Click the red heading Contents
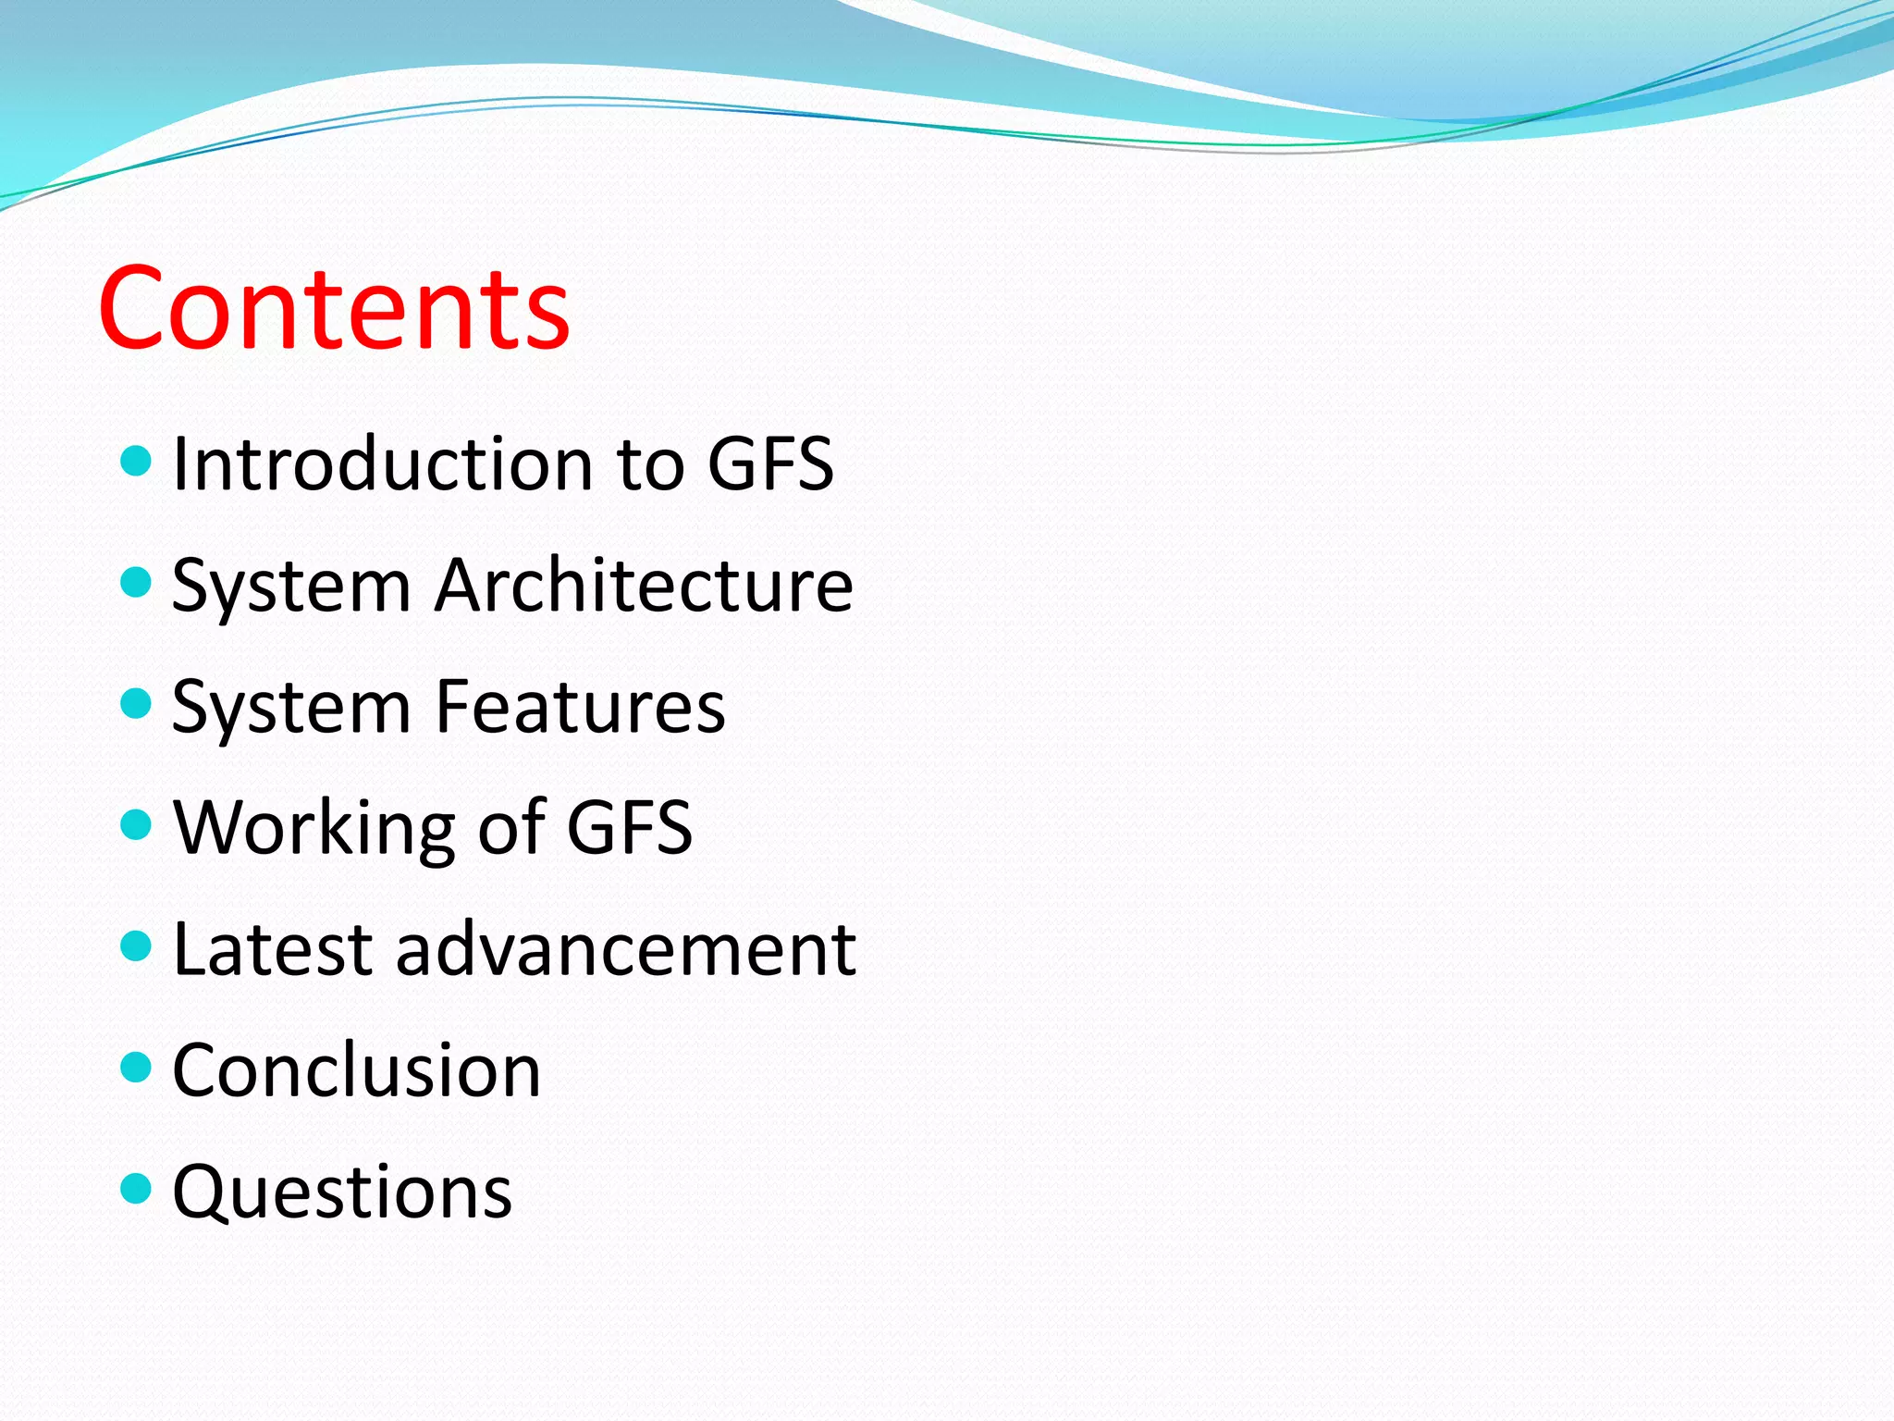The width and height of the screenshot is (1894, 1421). click(x=334, y=309)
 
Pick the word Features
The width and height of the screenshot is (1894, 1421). click(x=580, y=707)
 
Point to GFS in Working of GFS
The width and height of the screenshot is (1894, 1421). click(x=629, y=827)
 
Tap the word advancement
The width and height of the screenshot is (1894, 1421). click(x=626, y=949)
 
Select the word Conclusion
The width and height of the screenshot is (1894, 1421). click(x=356, y=1070)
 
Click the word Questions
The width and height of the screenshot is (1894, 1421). click(x=342, y=1192)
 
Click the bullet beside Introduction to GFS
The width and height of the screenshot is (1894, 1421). click(x=136, y=460)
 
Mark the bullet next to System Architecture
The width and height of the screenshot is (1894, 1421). click(x=136, y=582)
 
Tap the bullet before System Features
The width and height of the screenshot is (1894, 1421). click(x=136, y=703)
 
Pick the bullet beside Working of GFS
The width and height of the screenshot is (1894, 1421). click(x=136, y=824)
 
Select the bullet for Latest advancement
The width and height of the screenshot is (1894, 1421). click(x=136, y=945)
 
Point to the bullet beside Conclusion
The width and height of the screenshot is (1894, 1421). click(x=136, y=1067)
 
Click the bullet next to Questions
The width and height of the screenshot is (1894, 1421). click(x=136, y=1188)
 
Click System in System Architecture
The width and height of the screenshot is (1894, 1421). click(x=291, y=587)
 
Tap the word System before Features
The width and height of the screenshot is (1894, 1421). click(x=291, y=709)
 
